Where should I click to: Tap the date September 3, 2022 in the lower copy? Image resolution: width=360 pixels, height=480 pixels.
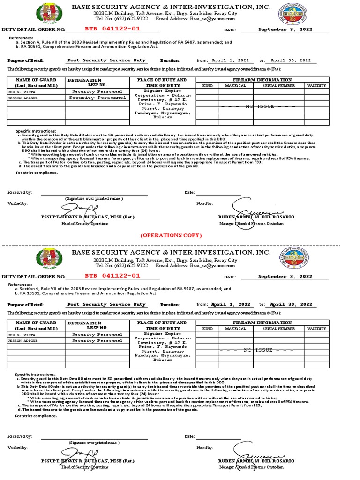[285, 276]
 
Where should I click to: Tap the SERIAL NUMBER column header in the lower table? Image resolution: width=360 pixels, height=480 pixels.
[278, 329]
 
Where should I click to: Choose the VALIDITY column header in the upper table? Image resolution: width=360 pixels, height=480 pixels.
[317, 86]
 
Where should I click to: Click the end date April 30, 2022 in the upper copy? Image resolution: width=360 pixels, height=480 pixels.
[291, 60]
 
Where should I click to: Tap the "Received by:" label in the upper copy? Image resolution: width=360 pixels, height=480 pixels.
[20, 193]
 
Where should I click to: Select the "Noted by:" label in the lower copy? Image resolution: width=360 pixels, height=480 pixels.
[205, 448]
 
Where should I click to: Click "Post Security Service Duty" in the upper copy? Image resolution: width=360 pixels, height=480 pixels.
[106, 60]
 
